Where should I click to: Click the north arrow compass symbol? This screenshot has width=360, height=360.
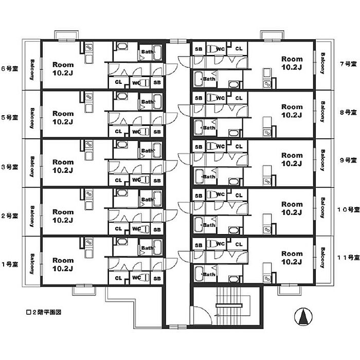[x=303, y=317]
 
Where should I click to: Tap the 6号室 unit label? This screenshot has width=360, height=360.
[x=10, y=68]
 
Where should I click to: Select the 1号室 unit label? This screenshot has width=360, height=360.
[x=10, y=264]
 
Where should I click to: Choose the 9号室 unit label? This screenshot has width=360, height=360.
[x=348, y=160]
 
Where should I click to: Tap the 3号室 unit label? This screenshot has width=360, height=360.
[x=10, y=167]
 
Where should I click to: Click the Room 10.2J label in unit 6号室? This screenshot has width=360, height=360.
[x=63, y=69]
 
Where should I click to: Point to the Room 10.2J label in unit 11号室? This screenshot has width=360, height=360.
[x=292, y=257]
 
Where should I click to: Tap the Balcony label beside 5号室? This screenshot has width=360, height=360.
[x=32, y=117]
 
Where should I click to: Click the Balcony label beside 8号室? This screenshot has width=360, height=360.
[x=322, y=112]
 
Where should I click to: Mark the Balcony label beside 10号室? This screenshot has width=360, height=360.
[x=322, y=208]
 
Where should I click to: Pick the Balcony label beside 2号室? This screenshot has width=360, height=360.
[x=32, y=216]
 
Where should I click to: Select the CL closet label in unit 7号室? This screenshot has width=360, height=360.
[x=238, y=49]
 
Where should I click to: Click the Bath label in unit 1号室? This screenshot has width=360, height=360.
[x=147, y=248]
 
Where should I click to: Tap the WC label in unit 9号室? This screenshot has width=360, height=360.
[x=220, y=146]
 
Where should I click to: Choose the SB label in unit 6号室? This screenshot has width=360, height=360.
[x=157, y=82]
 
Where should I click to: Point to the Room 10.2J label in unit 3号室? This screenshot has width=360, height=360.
[x=63, y=166]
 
